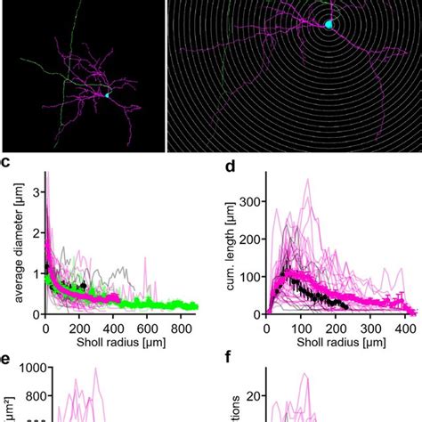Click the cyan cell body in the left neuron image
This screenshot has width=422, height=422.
107,94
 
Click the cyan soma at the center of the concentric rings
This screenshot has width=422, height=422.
329,25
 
